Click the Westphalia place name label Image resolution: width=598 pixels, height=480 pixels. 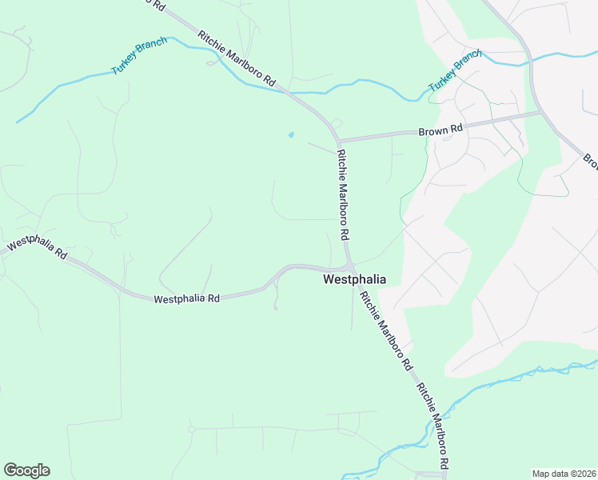[354, 280]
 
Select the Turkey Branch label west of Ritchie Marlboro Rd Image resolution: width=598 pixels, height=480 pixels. [139, 56]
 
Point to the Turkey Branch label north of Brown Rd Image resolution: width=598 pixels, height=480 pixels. [456, 70]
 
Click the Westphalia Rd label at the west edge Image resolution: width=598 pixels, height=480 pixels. [37, 248]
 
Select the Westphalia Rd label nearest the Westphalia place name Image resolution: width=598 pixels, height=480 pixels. [186, 298]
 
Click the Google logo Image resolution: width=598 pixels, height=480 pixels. [26, 470]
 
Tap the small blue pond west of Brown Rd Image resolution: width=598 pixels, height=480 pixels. [290, 134]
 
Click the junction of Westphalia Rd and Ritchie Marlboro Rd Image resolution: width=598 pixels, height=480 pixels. [350, 267]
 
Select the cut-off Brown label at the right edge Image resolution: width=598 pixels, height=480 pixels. [591, 162]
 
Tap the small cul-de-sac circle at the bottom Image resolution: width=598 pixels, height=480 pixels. [192, 430]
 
